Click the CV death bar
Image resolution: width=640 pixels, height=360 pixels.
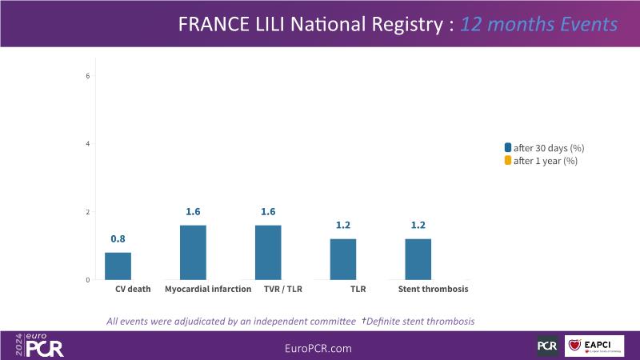[118, 266]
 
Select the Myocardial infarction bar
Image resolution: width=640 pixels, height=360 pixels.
[193, 252]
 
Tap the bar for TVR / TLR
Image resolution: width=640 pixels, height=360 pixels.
[268, 252]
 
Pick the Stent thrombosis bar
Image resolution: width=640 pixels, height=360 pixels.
[418, 259]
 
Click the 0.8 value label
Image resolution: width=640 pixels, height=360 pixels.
[118, 238]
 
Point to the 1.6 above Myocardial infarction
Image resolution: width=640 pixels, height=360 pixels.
[193, 212]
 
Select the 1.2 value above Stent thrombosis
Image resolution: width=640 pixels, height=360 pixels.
[418, 226]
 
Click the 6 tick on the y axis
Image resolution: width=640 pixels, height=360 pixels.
[88, 76]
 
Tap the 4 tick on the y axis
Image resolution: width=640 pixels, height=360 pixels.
[88, 144]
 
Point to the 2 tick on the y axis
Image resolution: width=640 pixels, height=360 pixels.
[88, 212]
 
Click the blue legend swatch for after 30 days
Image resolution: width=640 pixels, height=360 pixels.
[507, 148]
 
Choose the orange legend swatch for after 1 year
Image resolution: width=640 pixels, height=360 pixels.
[507, 161]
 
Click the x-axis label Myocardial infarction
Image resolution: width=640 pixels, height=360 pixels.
[208, 289]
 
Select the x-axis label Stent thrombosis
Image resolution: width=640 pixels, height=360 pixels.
[433, 289]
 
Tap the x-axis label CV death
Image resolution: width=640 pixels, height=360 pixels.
[133, 289]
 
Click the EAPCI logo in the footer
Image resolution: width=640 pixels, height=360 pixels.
[594, 346]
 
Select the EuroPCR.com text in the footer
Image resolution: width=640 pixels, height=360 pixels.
[318, 349]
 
